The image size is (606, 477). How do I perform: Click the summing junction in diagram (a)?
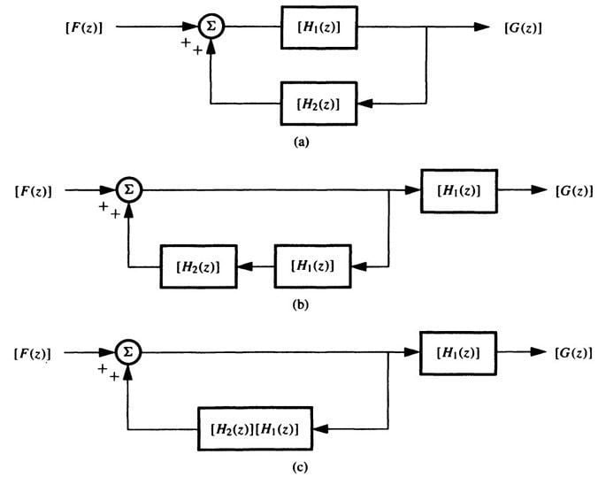click(x=211, y=27)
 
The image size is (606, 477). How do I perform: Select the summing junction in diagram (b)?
click(x=129, y=189)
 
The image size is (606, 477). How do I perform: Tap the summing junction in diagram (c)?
click(x=129, y=353)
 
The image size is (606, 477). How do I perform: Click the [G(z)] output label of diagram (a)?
click(x=521, y=27)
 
